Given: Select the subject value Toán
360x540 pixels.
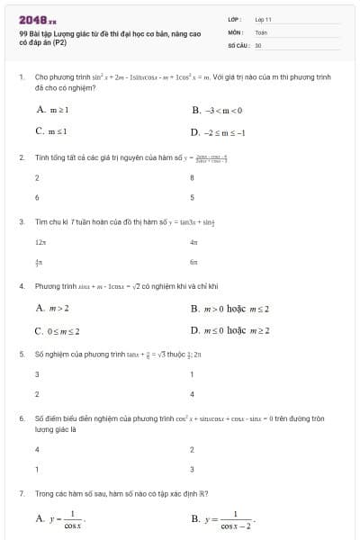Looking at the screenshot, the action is (x=261, y=31).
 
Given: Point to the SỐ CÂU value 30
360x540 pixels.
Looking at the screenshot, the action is (x=258, y=44).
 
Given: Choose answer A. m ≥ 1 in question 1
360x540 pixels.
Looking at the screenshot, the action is (x=54, y=110).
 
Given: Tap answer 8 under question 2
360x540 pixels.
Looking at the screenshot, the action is (x=193, y=177).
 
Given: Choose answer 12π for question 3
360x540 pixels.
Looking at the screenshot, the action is (x=40, y=242).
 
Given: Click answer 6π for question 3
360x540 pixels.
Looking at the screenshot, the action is (x=193, y=262).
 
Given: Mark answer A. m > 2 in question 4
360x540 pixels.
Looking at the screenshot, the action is (x=53, y=308).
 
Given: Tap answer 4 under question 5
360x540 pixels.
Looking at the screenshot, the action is (x=193, y=394).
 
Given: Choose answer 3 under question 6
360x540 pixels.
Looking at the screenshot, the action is (x=193, y=469).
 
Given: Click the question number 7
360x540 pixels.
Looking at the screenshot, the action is (x=21, y=494).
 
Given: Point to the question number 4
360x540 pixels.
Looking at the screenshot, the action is (x=21, y=286).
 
